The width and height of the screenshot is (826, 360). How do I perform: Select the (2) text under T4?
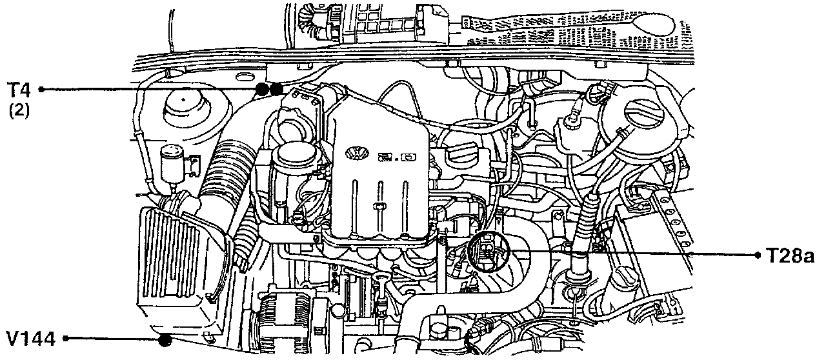(x=19, y=110)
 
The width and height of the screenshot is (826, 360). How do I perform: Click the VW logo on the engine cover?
(x=354, y=154)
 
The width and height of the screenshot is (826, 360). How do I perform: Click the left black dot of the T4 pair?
(x=262, y=89)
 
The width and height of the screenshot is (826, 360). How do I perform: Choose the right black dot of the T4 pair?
(x=276, y=89)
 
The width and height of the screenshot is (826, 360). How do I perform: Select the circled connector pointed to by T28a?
(x=489, y=252)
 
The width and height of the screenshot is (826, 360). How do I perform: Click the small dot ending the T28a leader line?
(x=758, y=255)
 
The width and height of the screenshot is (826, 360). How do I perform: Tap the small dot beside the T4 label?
(x=41, y=89)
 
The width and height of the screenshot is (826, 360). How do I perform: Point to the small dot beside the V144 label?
(x=65, y=338)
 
